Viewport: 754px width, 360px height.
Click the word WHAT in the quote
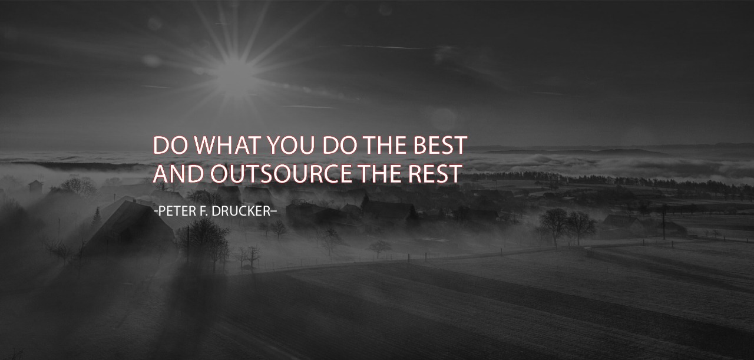228,145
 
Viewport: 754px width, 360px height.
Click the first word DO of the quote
170,145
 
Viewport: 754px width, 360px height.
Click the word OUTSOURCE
281,174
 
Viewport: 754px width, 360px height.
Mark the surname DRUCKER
242,211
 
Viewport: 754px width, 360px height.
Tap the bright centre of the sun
234,70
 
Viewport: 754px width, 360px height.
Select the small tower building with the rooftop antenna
36,184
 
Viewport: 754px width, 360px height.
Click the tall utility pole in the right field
664,222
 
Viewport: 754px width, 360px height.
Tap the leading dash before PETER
156,212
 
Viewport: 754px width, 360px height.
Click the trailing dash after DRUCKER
274,212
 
